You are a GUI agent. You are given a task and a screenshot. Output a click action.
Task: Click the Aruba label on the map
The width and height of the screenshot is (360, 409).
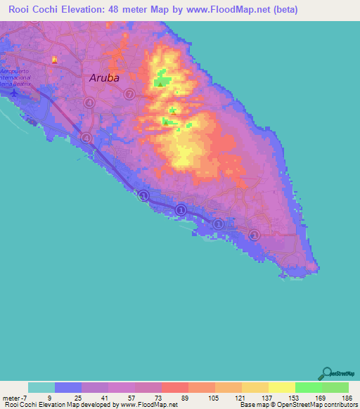click(105, 79)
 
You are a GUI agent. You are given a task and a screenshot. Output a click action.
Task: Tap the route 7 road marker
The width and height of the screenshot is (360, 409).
click(129, 94)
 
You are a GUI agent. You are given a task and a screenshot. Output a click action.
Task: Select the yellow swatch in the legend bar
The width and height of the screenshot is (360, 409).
click(281, 387)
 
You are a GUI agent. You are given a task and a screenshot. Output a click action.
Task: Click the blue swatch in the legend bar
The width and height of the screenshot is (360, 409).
click(68, 387)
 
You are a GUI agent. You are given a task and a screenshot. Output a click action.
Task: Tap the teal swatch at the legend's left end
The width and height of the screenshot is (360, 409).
click(41, 387)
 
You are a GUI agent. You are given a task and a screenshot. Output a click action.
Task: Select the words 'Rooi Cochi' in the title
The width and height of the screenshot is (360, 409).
click(31, 10)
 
